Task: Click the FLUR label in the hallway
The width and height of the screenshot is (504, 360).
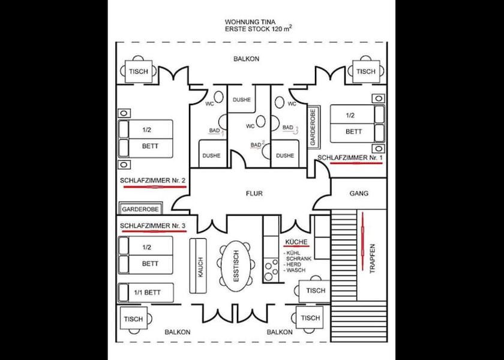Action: coord(254,194)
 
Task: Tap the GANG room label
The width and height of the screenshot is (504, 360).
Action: coord(359,194)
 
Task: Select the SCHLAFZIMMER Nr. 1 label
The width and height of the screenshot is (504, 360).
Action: coord(350,157)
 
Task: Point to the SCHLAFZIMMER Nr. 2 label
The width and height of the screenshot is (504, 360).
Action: coord(152,180)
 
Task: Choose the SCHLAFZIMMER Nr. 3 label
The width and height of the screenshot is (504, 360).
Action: coord(152,226)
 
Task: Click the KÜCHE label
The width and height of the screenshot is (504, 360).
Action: coord(296,242)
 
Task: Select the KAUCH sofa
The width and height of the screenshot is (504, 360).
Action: coord(200,267)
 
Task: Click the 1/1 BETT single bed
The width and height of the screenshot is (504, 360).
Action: coord(146,292)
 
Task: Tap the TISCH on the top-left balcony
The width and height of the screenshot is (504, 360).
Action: coord(138,71)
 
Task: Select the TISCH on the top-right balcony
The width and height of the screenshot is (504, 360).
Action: coord(365,71)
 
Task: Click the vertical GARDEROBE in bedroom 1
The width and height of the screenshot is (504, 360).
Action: coord(313,128)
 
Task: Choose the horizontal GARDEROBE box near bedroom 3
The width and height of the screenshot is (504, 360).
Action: coord(140,209)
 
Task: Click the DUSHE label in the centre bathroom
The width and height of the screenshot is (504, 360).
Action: coord(242,100)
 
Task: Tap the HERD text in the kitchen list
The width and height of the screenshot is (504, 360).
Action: coord(294,265)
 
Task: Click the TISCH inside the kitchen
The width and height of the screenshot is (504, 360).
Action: coord(315,290)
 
